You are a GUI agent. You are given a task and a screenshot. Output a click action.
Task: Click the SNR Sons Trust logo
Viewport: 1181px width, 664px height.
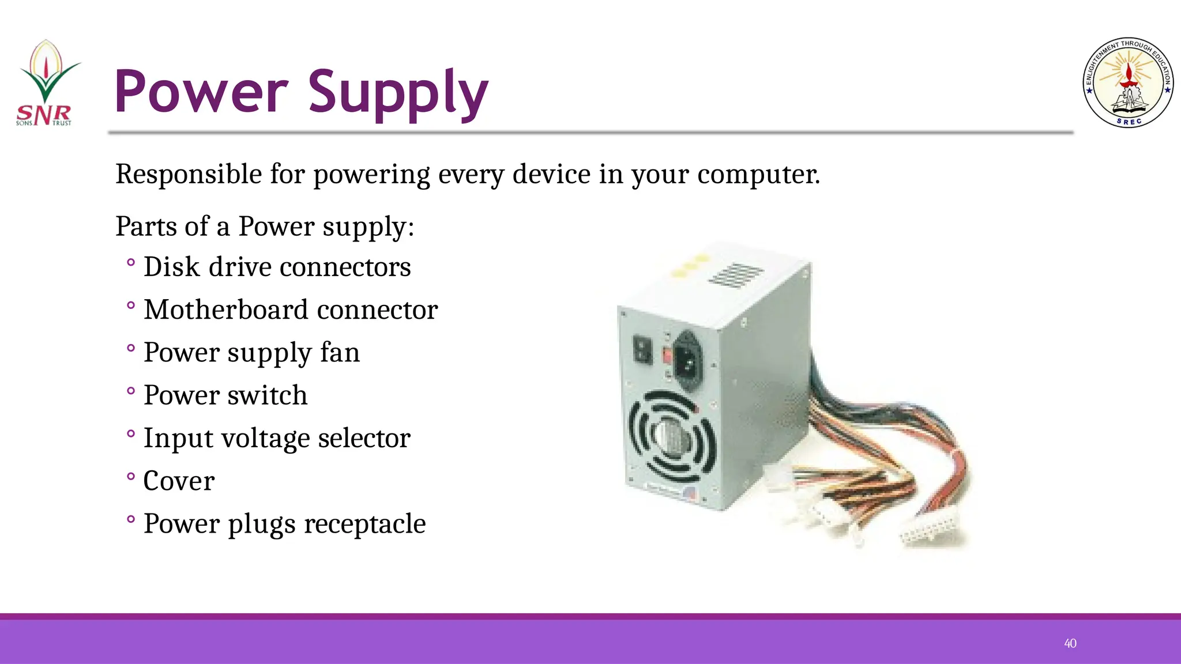pyautogui.click(x=46, y=84)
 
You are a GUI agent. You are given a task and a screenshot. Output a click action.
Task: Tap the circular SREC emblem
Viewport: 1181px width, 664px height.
pyautogui.click(x=1128, y=83)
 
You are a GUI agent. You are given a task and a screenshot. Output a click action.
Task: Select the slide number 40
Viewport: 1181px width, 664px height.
pyautogui.click(x=1070, y=643)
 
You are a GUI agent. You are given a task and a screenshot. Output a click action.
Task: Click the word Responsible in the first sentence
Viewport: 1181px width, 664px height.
pyautogui.click(x=189, y=174)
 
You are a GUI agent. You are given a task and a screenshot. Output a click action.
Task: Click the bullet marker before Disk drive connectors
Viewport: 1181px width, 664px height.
pyautogui.click(x=131, y=263)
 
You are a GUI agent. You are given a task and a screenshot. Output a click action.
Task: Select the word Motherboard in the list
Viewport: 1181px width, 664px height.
pyautogui.click(x=226, y=310)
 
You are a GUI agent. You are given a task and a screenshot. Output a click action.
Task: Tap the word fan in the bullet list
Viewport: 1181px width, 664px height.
pyautogui.click(x=340, y=352)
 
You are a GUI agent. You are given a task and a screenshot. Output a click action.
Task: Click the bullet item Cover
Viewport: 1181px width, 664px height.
pyautogui.click(x=179, y=481)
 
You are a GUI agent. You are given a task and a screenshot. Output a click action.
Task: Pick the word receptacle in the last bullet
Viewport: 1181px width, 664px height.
pyautogui.click(x=364, y=523)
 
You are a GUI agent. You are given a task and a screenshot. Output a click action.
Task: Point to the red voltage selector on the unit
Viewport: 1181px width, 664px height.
pyautogui.click(x=667, y=354)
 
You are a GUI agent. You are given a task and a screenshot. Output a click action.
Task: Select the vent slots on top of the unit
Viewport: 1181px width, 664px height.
pyautogui.click(x=736, y=274)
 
